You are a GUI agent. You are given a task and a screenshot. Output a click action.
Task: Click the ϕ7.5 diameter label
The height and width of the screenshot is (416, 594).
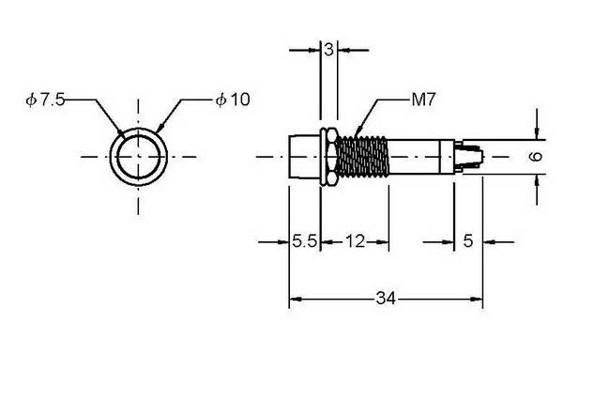(x=45, y=100)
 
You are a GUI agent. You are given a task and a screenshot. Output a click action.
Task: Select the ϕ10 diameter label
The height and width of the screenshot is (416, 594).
(x=233, y=100)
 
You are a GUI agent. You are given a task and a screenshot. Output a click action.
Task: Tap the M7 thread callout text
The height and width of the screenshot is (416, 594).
(x=424, y=100)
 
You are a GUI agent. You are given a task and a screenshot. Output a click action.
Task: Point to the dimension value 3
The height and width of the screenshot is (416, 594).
(x=328, y=49)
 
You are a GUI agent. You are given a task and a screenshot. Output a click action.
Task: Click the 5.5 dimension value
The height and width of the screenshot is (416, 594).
(x=304, y=241)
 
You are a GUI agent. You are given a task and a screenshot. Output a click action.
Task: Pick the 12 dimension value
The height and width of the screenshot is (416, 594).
(x=355, y=241)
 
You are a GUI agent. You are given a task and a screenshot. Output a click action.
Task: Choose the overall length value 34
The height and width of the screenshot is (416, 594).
(x=386, y=299)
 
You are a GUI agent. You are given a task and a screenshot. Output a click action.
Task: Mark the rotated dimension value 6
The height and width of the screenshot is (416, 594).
(x=536, y=156)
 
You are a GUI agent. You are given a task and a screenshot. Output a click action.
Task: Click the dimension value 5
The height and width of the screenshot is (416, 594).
(x=468, y=240)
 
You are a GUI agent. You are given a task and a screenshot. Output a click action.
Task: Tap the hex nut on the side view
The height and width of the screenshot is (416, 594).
(x=328, y=157)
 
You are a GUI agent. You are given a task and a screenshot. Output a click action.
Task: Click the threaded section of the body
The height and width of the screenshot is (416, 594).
(x=362, y=157)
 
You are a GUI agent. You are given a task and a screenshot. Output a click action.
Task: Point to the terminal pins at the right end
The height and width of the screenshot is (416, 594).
(x=469, y=156)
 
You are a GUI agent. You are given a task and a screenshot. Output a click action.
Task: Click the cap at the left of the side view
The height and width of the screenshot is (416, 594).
(x=305, y=157)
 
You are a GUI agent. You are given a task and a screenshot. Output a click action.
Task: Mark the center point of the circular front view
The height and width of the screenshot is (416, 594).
(x=138, y=156)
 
